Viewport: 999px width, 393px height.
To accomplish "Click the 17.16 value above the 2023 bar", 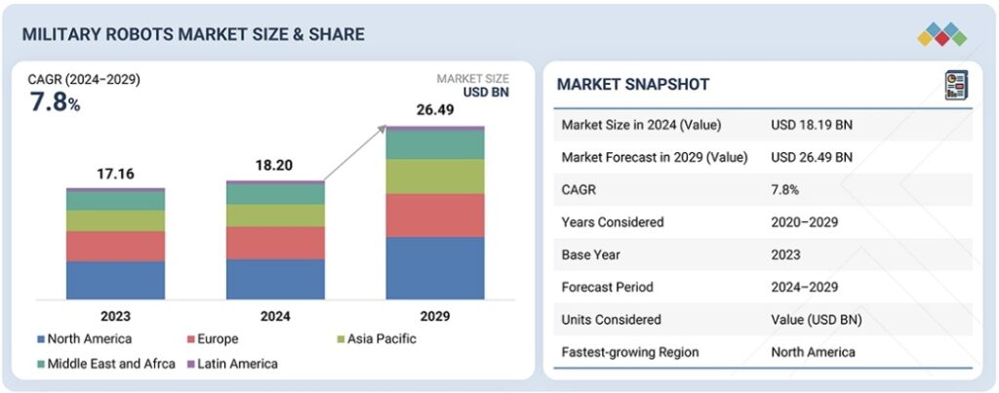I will [x=115, y=174].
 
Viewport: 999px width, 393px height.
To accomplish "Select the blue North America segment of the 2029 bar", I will [x=435, y=267].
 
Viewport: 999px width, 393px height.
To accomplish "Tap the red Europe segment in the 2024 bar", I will [x=275, y=243].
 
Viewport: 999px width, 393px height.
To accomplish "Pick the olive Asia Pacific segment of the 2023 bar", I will [x=115, y=220].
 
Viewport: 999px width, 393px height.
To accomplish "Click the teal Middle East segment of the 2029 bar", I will [x=435, y=144].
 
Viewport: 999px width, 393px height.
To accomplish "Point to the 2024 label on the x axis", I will [x=275, y=316].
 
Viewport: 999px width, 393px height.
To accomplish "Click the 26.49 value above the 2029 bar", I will [x=435, y=109].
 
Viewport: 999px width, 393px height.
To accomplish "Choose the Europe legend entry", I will [x=218, y=339].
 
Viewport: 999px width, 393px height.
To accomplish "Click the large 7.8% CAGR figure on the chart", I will [x=54, y=101].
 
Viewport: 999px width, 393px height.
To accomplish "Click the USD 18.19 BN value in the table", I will [x=812, y=125].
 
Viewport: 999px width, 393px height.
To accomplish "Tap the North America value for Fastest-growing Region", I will [x=813, y=352].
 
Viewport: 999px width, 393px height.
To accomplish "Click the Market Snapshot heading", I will [x=633, y=85].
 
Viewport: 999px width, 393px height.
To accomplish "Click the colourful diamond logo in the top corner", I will [x=941, y=35].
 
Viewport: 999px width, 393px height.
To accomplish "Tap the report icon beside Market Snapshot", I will [x=955, y=85].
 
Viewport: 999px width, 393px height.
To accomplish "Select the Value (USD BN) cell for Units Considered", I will [x=816, y=319].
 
